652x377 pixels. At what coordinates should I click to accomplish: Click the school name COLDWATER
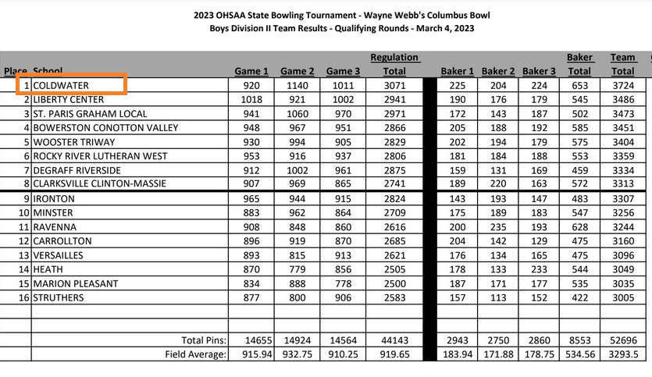coord(61,84)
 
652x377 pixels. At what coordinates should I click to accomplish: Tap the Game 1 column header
coord(251,71)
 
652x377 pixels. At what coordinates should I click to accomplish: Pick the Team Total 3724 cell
coord(623,84)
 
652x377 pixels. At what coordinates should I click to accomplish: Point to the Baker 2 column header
coord(499,71)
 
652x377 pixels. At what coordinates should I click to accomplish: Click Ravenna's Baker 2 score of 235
coord(499,227)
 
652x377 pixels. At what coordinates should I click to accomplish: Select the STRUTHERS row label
coord(59,298)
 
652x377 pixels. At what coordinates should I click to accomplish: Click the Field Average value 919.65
coord(394,354)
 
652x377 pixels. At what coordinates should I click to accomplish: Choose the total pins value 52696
coord(623,340)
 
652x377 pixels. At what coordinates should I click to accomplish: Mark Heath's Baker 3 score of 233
coord(540,269)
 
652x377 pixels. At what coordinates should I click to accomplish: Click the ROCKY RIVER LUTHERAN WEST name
coord(100,156)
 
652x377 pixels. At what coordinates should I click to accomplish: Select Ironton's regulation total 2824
coord(394,198)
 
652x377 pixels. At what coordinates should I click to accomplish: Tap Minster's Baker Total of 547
coord(579,212)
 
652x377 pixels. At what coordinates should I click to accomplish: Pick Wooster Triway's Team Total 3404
coord(623,142)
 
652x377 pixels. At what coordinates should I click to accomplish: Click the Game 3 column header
coord(344,71)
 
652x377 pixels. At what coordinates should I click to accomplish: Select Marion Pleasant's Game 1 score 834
coord(251,283)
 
